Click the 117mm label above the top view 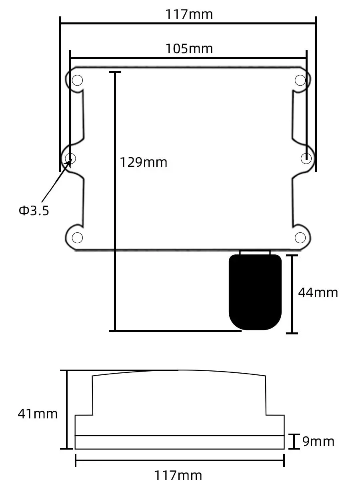[x=189, y=14]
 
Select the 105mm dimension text [x=189, y=49]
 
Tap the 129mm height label [x=144, y=162]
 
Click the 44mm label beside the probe [x=318, y=293]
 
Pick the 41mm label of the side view [x=38, y=414]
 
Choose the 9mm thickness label [x=318, y=442]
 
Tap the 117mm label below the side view [x=178, y=476]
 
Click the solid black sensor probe [x=255, y=292]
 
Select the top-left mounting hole [x=77, y=80]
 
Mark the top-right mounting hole [x=300, y=80]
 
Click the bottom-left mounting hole [x=77, y=238]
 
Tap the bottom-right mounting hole [x=300, y=238]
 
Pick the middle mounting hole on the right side [x=306, y=158]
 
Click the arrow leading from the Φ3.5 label [x=56, y=180]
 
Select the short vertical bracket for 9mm [x=294, y=441]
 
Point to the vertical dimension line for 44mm [x=292, y=294]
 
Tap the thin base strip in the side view [x=180, y=442]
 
